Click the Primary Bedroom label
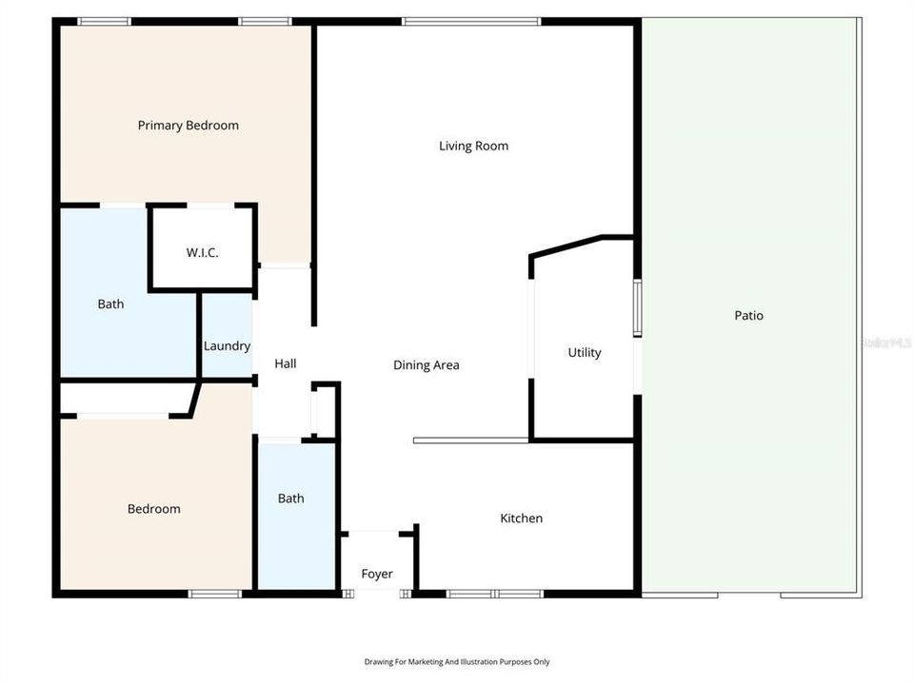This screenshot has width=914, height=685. pyautogui.click(x=188, y=126)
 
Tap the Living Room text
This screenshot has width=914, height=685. pyautogui.click(x=473, y=146)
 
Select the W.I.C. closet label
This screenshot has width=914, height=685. pyautogui.click(x=202, y=252)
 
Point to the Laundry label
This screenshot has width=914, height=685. pyautogui.click(x=227, y=345)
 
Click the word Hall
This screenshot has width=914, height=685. pyautogui.click(x=285, y=363)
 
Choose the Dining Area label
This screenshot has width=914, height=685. pyautogui.click(x=427, y=364)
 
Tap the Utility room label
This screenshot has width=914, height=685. pyautogui.click(x=584, y=352)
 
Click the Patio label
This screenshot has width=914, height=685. pyautogui.click(x=748, y=316)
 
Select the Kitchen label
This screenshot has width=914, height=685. pyautogui.click(x=521, y=519)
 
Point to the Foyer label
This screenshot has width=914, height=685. pyautogui.click(x=376, y=574)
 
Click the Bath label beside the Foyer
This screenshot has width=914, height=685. pyautogui.click(x=290, y=499)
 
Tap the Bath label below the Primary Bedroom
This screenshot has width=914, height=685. pyautogui.click(x=110, y=304)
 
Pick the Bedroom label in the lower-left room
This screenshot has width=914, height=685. pyautogui.click(x=153, y=509)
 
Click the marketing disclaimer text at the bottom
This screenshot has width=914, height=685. pyautogui.click(x=457, y=661)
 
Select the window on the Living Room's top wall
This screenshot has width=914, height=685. pyautogui.click(x=471, y=21)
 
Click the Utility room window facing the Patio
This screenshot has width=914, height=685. pyautogui.click(x=638, y=307)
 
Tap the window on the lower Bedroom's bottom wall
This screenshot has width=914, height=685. pyautogui.click(x=214, y=594)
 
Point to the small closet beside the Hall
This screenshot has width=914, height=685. pyautogui.click(x=324, y=411)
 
